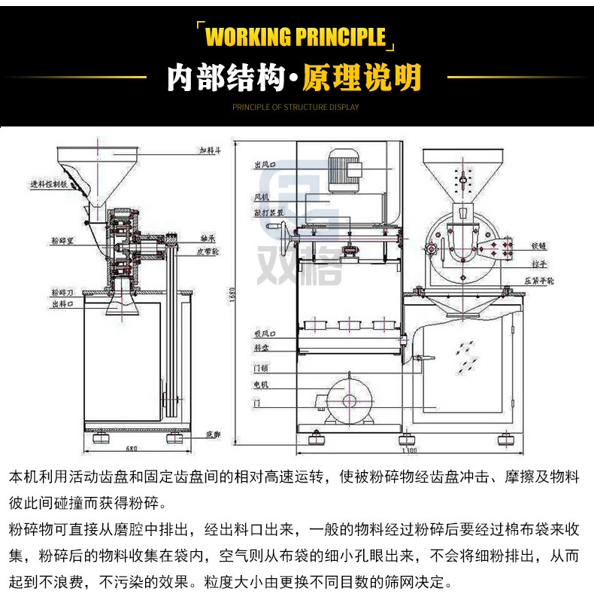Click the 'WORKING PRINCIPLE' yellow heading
click(x=295, y=36)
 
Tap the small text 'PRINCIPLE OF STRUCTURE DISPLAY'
click(x=295, y=107)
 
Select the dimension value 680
click(x=132, y=449)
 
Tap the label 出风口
click(x=262, y=165)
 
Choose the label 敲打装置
click(x=268, y=213)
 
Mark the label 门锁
click(x=260, y=368)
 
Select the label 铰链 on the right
click(x=538, y=245)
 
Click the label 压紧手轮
click(x=540, y=280)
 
